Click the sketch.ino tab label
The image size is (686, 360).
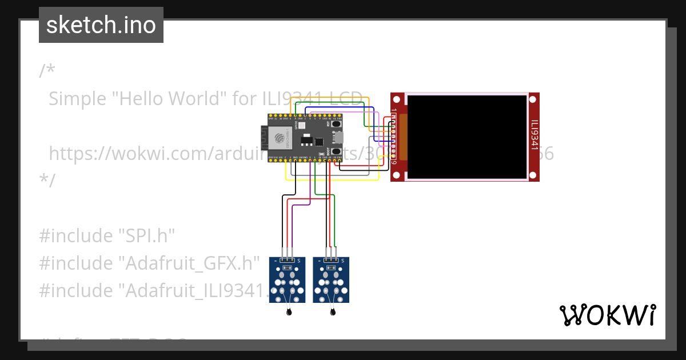point(101,25)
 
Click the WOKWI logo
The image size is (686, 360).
point(607,315)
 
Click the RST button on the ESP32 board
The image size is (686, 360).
point(336,123)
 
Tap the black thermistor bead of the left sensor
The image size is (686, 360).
point(288,312)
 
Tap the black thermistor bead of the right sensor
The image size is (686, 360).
point(332,312)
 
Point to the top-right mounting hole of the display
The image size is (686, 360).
point(533,99)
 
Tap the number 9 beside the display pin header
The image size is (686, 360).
point(394,162)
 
